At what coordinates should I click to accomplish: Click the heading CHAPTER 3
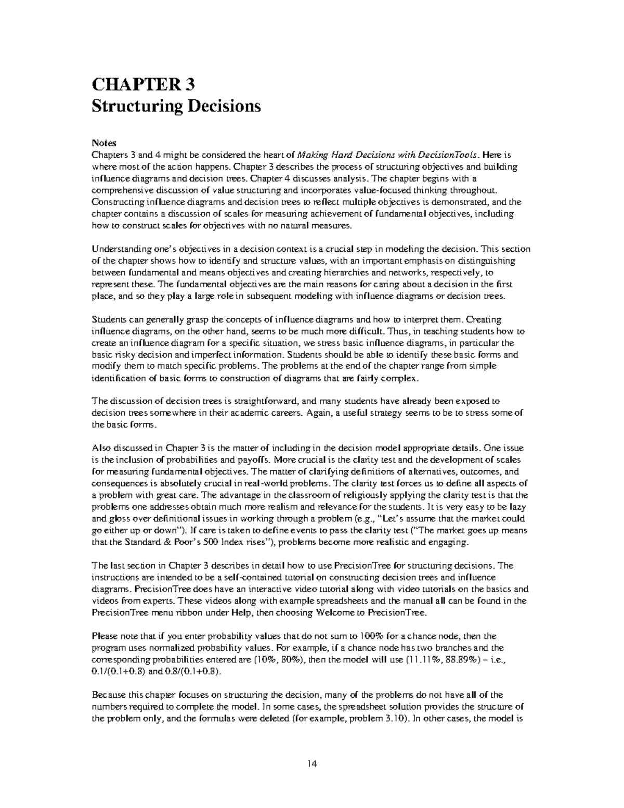coord(144,84)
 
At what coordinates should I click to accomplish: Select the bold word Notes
coord(104,143)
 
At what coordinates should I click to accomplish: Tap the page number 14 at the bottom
coord(312,764)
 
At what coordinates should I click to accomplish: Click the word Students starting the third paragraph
coord(107,320)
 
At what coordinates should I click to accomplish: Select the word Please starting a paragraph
coord(104,636)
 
